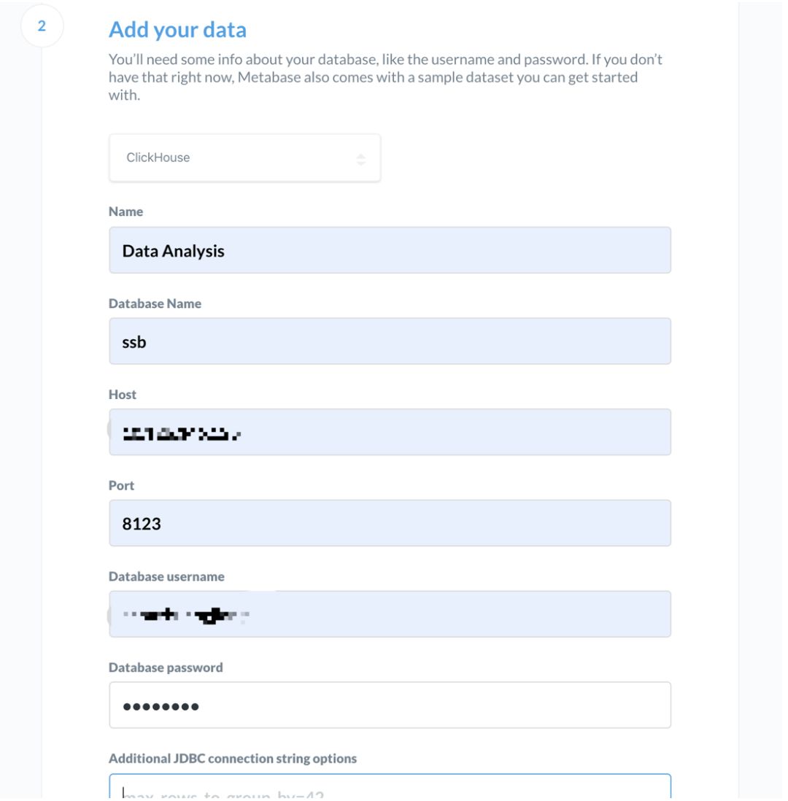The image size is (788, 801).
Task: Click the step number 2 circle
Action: coord(42,26)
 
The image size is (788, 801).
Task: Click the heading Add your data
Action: coord(177,30)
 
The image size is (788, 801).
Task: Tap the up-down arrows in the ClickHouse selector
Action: coord(361,158)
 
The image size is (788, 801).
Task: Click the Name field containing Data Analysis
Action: coord(390,250)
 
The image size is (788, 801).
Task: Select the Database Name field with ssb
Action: coord(390,341)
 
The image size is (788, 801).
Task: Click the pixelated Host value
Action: coord(182,433)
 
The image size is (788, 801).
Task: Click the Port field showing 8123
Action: coord(390,523)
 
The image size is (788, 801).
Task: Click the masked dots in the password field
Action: coord(161,706)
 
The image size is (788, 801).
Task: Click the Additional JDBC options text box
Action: coord(390,788)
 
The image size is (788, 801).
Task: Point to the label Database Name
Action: coord(155,303)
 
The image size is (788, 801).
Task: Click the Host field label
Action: coord(123,394)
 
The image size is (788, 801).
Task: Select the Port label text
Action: coord(121,485)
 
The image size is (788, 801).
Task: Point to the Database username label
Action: coord(166,576)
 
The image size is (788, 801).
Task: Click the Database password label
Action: coord(166,667)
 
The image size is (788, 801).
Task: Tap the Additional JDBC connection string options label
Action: coord(233,759)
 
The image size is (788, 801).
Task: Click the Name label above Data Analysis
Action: coord(125,212)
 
